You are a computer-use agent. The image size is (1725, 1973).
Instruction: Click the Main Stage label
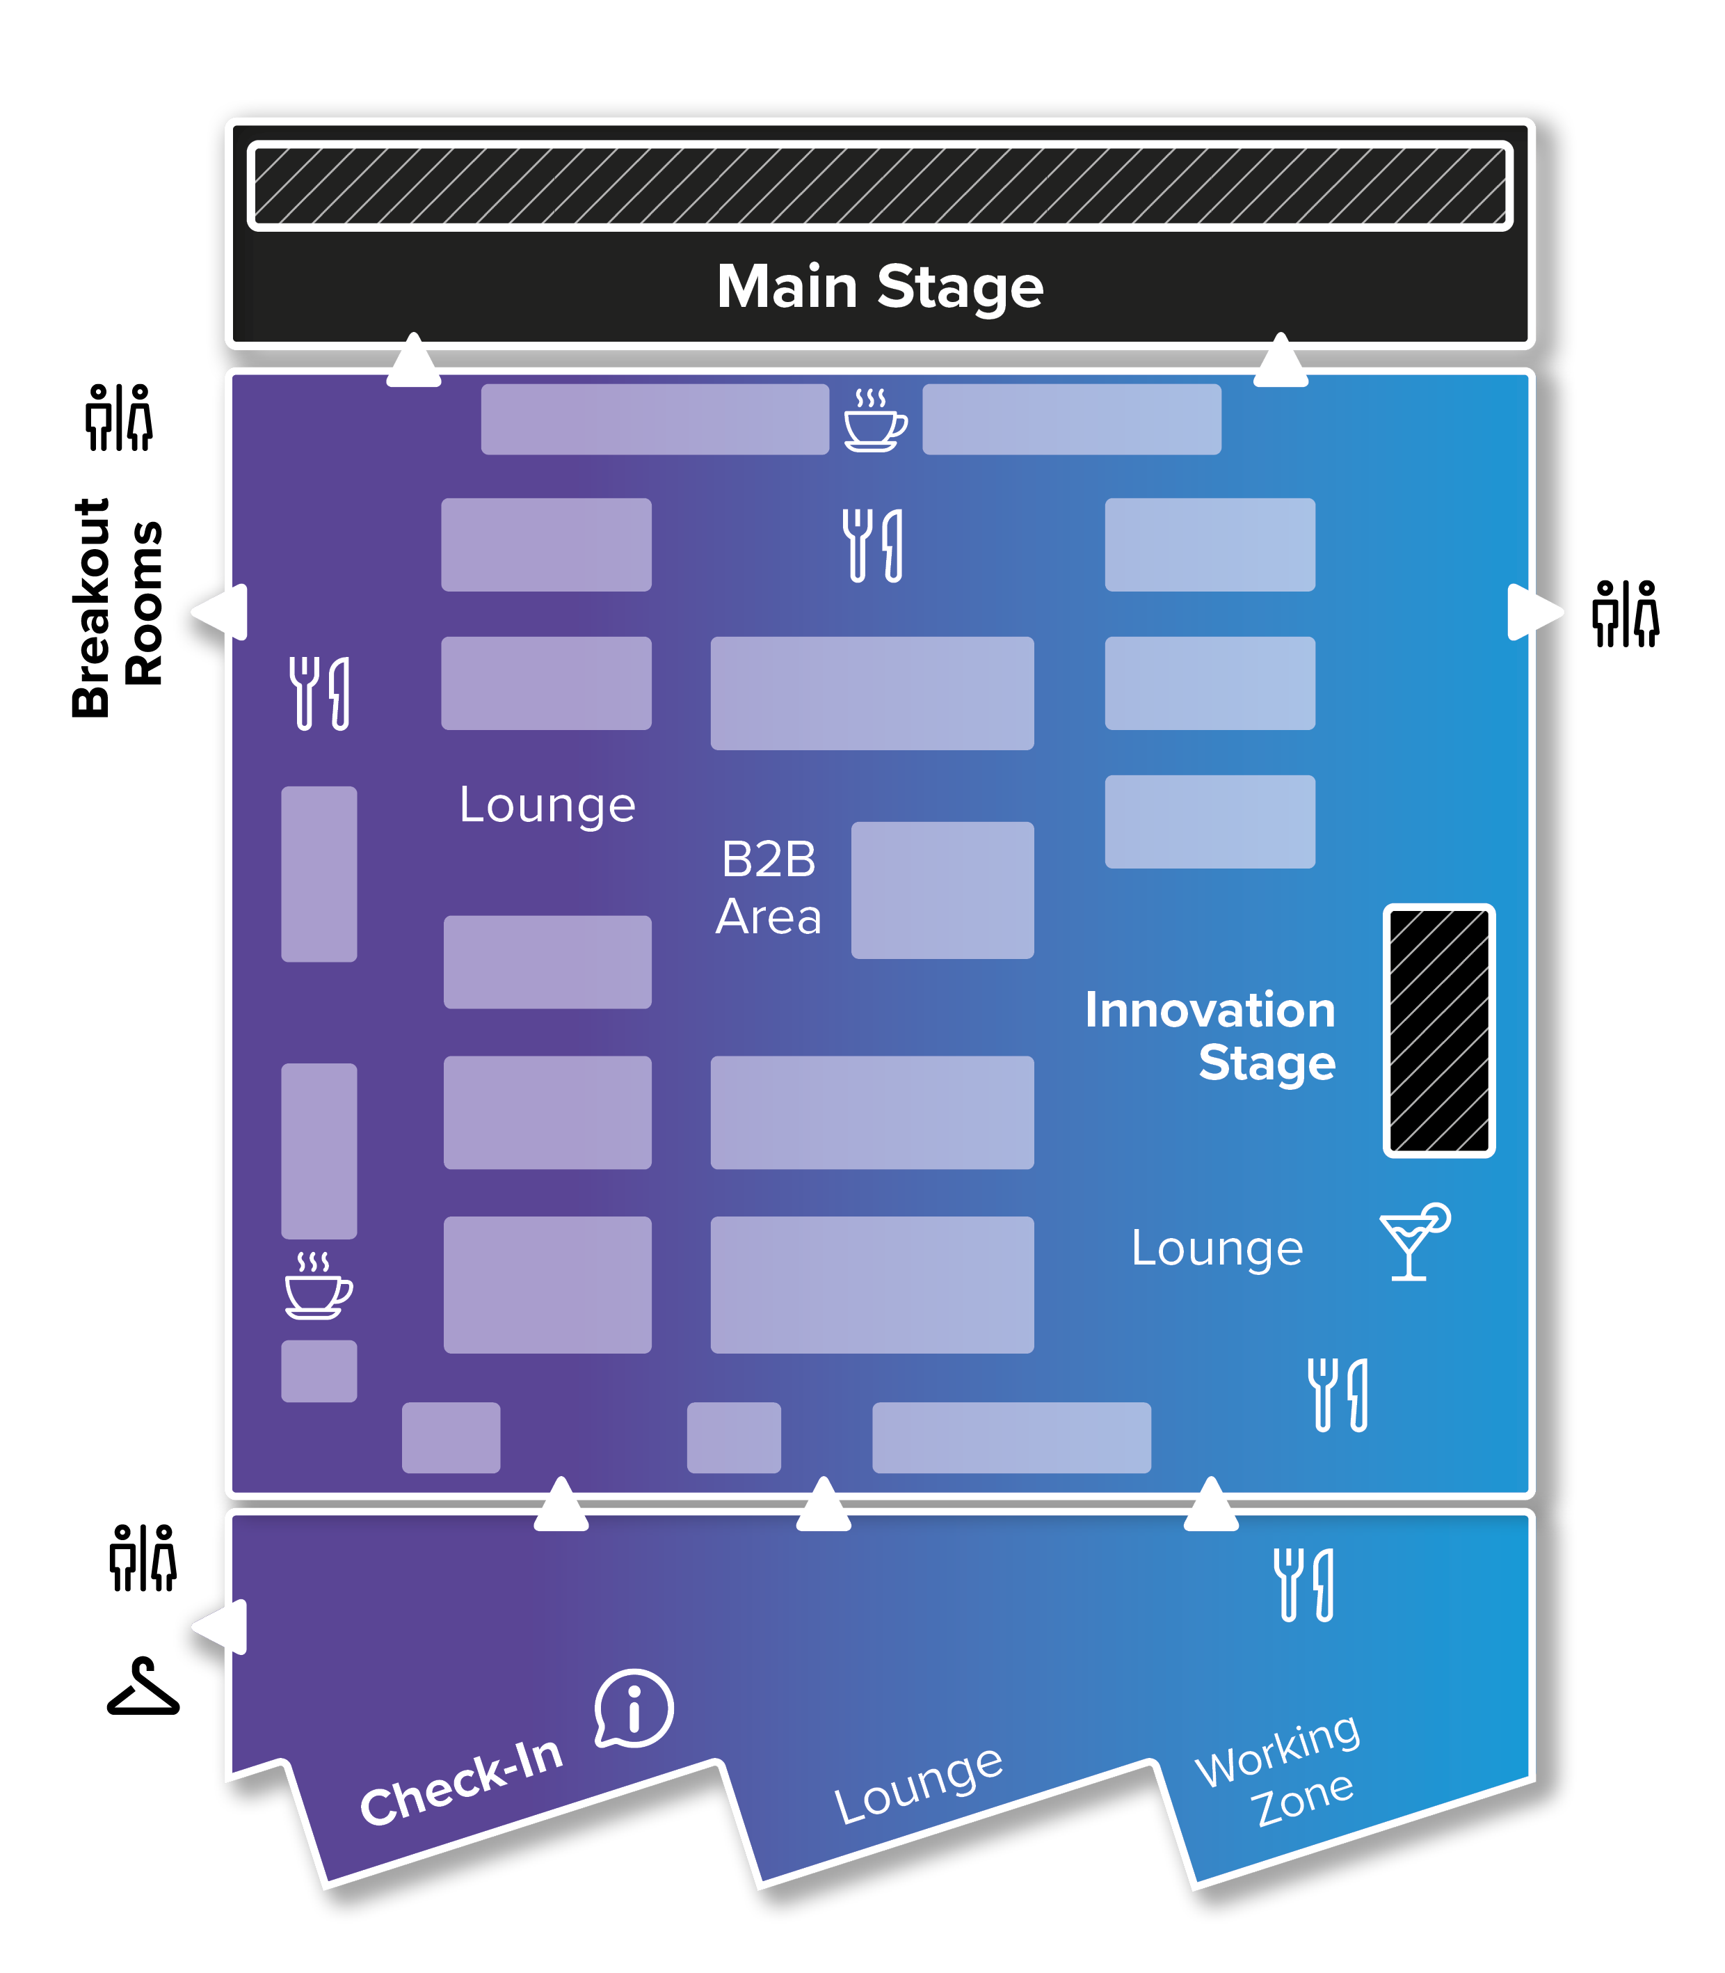(x=880, y=287)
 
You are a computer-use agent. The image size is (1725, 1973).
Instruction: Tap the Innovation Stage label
(x=1210, y=1036)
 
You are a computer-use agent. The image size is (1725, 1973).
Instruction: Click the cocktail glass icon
(x=1414, y=1241)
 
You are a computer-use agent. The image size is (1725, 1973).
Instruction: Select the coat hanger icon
(x=143, y=1686)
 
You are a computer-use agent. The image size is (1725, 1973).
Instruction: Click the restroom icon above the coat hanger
(x=143, y=1558)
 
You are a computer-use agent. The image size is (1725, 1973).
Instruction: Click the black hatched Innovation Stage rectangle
(x=1439, y=1030)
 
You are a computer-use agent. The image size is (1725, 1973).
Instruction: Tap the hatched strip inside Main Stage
(x=880, y=186)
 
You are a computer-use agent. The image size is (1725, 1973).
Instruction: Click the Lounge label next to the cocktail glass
(x=1217, y=1249)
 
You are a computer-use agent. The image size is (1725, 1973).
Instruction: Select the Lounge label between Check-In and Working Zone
(x=918, y=1784)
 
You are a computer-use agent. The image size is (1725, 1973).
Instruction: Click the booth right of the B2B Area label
(x=942, y=889)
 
